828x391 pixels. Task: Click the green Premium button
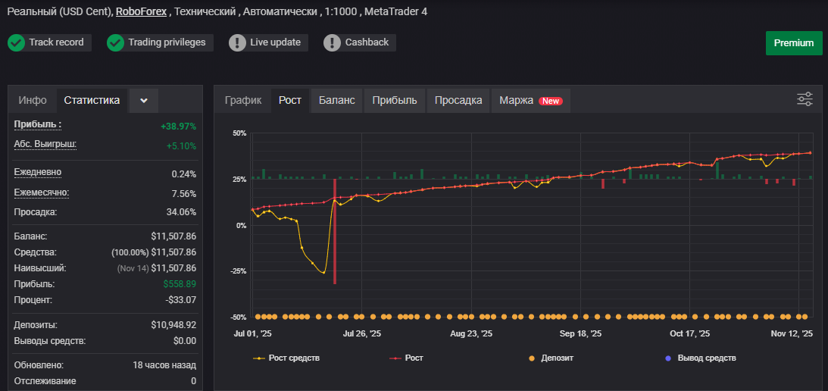pos(794,42)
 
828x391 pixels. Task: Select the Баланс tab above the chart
pos(336,100)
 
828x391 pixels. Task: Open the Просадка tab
pos(458,100)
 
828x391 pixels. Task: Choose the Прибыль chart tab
pos(395,100)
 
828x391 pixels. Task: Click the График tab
pos(243,100)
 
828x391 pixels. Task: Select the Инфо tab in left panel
pos(33,100)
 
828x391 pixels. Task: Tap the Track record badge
pos(49,42)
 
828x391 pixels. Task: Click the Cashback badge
pos(359,42)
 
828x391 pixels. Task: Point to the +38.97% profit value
pos(179,127)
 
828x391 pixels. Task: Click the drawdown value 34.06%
pos(181,212)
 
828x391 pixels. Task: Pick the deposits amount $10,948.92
pos(173,325)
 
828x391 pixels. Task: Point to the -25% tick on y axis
pos(239,271)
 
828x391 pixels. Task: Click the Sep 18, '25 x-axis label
pos(580,334)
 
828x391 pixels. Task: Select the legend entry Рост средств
pos(287,358)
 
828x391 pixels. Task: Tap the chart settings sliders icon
pos(805,99)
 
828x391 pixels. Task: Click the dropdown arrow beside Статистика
pos(144,100)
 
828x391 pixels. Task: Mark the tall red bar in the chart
pos(335,231)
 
